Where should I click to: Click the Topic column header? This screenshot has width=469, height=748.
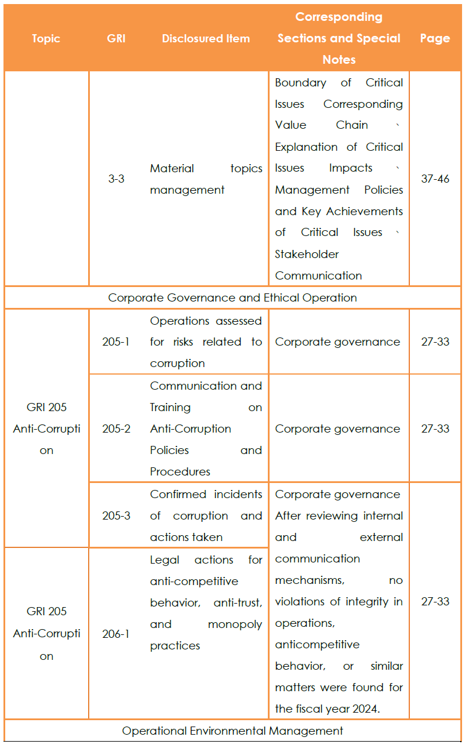tap(46, 39)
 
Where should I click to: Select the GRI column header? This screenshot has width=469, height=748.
tap(117, 39)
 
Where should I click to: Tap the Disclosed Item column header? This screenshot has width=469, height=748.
tap(206, 39)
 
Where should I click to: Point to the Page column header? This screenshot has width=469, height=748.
tap(435, 39)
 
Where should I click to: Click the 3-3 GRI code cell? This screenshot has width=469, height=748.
tap(117, 179)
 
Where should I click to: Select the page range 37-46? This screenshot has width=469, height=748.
tap(435, 179)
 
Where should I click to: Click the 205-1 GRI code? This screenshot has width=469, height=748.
tap(117, 342)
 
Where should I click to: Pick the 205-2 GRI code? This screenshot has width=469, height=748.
tap(117, 429)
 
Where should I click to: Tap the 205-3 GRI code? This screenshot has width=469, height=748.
tap(117, 515)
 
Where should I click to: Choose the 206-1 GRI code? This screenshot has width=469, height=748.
tap(117, 634)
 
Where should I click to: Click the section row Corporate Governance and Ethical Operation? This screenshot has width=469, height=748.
tap(232, 298)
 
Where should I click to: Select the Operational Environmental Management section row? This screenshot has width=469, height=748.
tap(232, 731)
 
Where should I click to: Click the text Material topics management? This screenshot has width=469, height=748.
tap(206, 179)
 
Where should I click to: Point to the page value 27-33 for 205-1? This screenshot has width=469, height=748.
tap(435, 342)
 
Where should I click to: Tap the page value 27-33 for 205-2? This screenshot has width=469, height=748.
tap(435, 429)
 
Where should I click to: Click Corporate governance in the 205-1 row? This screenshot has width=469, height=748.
tap(337, 342)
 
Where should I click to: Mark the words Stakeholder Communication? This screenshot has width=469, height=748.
tap(318, 265)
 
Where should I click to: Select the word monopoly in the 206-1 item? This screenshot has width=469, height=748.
tap(235, 624)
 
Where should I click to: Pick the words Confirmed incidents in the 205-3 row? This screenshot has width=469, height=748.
tap(206, 495)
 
